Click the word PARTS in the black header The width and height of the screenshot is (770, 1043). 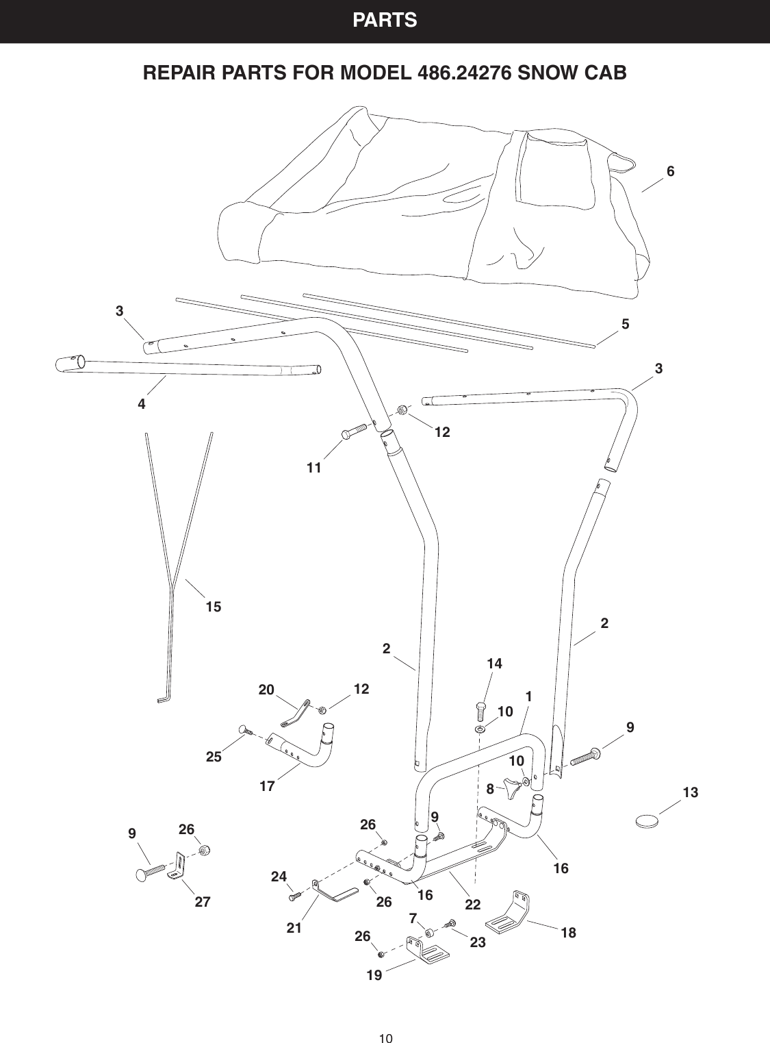tap(385, 21)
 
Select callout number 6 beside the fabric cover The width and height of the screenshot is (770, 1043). tap(671, 172)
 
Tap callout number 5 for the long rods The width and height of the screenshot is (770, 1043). tap(626, 324)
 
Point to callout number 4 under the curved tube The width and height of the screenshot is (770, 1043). tap(142, 404)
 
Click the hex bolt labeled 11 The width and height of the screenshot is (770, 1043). tap(353, 433)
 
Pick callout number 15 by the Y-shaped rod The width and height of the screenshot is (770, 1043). tap(214, 607)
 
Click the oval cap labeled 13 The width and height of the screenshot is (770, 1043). tap(647, 820)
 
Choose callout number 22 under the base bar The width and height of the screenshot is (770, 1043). tap(473, 905)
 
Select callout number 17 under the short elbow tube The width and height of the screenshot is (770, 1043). tap(268, 787)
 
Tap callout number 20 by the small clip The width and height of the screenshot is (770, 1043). tap(266, 690)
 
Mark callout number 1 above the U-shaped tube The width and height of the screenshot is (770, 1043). tap(528, 696)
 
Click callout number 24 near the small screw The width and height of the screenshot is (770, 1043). tap(279, 876)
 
